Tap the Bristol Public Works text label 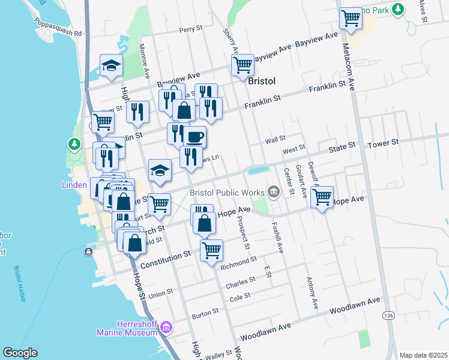(227, 193)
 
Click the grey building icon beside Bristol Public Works (274, 192)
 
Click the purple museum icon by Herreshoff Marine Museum (167, 327)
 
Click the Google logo (20, 353)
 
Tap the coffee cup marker (194, 137)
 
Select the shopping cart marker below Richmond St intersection (211, 251)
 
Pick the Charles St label (244, 279)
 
